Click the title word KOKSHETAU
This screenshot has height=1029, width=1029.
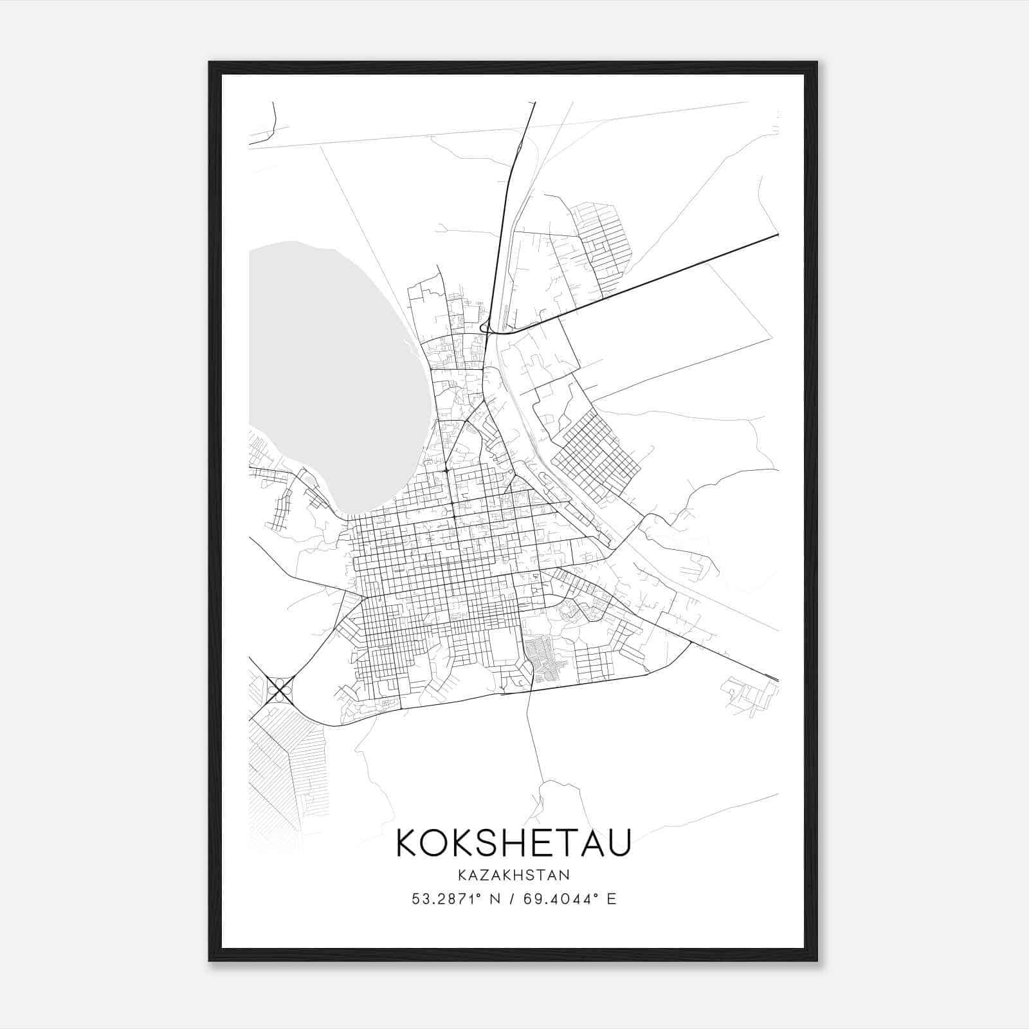coord(513,842)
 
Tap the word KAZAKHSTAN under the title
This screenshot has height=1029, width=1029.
coord(513,875)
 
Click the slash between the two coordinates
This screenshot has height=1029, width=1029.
coord(511,899)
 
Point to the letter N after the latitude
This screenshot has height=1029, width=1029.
coord(495,899)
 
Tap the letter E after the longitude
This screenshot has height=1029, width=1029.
coord(611,899)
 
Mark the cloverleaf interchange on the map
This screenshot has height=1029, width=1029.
coord(280,689)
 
